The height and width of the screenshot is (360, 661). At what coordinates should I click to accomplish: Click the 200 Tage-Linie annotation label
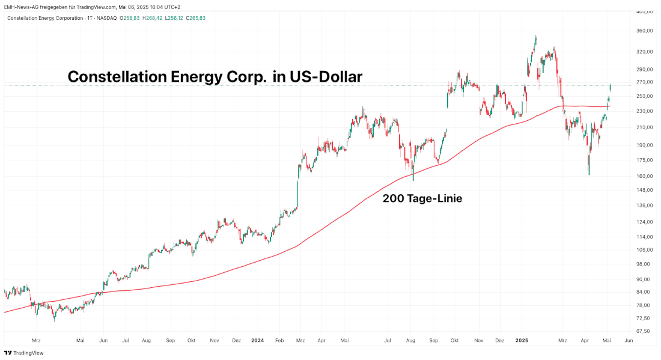422,198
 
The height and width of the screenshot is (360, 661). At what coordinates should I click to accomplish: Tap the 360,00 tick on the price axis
644,31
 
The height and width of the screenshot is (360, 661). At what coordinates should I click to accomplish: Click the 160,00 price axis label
644,176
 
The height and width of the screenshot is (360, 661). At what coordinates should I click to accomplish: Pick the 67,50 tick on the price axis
644,331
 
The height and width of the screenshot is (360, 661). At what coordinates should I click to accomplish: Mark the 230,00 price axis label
644,111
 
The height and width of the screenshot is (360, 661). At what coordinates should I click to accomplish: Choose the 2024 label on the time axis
258,340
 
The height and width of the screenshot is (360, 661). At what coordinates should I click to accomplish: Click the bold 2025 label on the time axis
522,340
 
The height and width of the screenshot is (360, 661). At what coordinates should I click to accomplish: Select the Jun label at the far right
629,340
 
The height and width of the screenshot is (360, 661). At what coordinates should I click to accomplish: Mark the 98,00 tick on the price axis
644,264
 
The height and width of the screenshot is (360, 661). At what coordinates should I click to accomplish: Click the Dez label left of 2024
236,340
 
